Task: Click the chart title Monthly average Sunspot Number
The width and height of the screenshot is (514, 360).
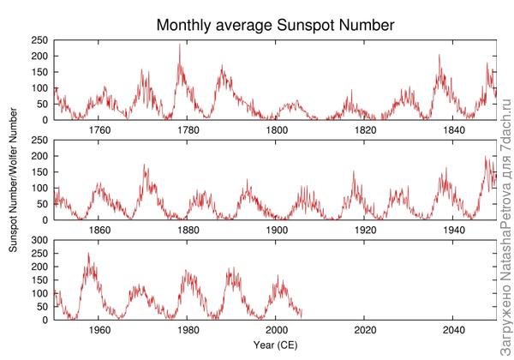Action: coord(274,26)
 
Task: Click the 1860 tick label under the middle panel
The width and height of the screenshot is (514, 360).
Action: coord(99,231)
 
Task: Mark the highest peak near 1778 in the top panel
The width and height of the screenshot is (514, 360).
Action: coord(180,45)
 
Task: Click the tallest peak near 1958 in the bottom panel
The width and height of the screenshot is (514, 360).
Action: coord(88,253)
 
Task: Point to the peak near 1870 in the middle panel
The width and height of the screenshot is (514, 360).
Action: coord(144,165)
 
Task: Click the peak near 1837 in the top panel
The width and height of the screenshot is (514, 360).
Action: coord(439,56)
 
